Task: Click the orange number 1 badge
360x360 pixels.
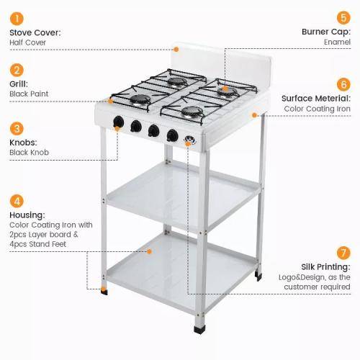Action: point(17,19)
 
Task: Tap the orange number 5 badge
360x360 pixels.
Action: point(343,18)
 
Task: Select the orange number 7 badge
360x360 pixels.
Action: point(343,253)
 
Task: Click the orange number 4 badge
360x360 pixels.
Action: point(17,201)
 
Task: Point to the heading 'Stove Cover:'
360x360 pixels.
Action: point(35,32)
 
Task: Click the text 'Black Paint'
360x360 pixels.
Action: point(29,94)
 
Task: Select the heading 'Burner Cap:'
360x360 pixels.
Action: point(326,32)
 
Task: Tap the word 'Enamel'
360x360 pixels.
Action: point(337,42)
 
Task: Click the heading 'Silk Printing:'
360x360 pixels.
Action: point(325,266)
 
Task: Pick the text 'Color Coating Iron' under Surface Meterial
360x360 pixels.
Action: point(317,109)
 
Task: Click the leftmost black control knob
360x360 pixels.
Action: point(118,122)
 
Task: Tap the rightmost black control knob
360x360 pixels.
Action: point(172,135)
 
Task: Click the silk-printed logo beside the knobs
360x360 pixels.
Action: point(190,140)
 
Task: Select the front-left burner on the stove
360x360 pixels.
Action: point(140,99)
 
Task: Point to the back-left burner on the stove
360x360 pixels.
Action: point(177,82)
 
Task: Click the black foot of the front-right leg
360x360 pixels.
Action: point(199,330)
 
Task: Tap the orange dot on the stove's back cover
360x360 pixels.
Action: point(176,50)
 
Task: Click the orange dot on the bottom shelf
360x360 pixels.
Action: point(149,251)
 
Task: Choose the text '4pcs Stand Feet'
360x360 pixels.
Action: point(37,244)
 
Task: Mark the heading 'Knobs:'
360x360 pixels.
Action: point(23,143)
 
